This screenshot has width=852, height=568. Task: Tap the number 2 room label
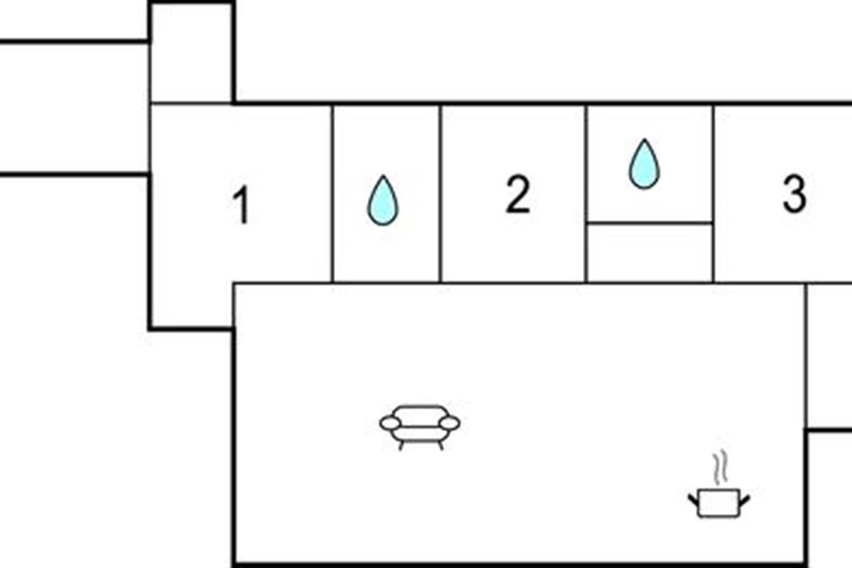pos(518,195)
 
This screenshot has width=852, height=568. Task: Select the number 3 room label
pos(794,195)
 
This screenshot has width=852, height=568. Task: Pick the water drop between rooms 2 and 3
pos(644,165)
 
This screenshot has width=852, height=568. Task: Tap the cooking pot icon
pos(719,502)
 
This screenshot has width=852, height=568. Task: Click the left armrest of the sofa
pos(390,424)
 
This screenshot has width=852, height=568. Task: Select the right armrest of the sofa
pos(449,424)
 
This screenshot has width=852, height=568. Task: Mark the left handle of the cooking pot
pos(694,501)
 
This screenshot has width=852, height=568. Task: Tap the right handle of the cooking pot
pos(744,501)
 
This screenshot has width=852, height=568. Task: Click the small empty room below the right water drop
pos(650,253)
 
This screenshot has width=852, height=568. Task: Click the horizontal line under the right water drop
pos(650,223)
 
